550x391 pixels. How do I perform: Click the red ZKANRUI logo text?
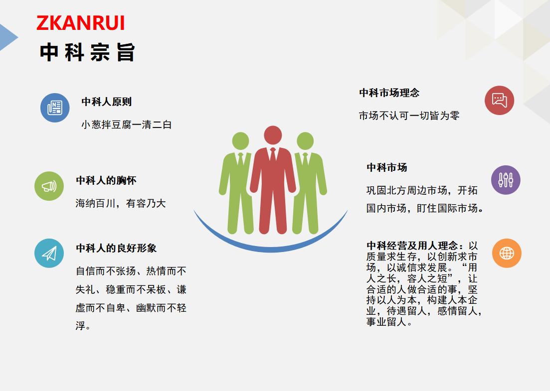click(x=81, y=23)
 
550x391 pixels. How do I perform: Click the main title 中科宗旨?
click(x=87, y=52)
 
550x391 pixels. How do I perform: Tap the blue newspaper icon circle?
click(x=55, y=108)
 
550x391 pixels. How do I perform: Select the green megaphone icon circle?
click(x=49, y=186)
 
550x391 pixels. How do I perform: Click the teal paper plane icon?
click(x=49, y=254)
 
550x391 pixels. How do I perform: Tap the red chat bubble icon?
click(x=500, y=100)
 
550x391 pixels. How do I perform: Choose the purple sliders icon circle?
click(x=506, y=180)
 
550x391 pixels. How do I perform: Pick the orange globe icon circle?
click(x=507, y=254)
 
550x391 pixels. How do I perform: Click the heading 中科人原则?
click(x=107, y=102)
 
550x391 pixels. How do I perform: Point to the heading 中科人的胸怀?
click(x=106, y=180)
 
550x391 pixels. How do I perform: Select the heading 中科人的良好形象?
click(x=116, y=248)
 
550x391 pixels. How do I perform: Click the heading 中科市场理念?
click(x=389, y=93)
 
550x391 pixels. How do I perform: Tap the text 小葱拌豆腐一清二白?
click(x=127, y=125)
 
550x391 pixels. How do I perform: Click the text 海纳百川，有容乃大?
click(x=121, y=204)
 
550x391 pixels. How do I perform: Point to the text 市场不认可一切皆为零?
click(x=409, y=116)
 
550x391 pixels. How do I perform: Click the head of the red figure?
click(x=273, y=135)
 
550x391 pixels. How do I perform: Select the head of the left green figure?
click(x=241, y=141)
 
